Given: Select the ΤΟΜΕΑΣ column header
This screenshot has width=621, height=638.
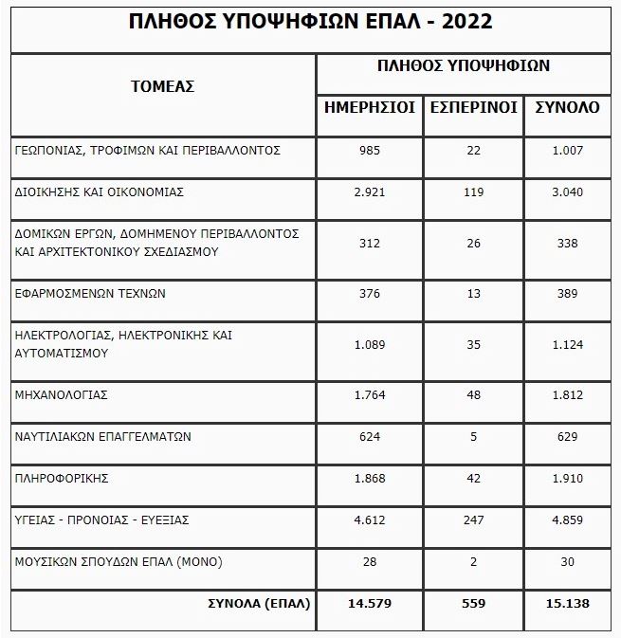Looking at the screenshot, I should click(x=162, y=86).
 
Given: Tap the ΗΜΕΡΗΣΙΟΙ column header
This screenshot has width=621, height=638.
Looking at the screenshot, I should click(x=370, y=107).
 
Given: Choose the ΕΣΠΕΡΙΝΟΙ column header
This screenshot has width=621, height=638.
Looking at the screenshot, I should click(x=474, y=107).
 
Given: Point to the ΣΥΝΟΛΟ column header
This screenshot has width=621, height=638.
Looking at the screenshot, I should click(x=567, y=107).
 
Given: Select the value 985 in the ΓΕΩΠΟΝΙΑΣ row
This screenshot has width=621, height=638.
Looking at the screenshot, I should click(x=370, y=150).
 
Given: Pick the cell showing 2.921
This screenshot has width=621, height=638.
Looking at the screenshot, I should click(x=370, y=191).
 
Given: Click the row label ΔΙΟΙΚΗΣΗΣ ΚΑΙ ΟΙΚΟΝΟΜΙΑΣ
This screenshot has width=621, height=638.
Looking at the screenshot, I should click(x=100, y=191).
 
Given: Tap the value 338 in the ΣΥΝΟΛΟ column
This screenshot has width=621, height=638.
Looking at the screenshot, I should click(x=567, y=243).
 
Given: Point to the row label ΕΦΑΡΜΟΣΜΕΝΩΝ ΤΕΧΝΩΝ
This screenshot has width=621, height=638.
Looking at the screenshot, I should click(x=91, y=294).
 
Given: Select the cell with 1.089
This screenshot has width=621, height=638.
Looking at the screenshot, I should click(x=370, y=344).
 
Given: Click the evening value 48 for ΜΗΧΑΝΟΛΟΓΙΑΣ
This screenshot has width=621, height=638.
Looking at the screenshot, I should click(x=474, y=395).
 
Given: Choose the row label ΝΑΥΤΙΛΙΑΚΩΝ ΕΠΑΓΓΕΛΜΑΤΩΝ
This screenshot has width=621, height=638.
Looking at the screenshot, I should click(x=104, y=437).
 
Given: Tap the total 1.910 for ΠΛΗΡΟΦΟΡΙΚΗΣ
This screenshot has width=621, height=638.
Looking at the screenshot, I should click(x=567, y=479).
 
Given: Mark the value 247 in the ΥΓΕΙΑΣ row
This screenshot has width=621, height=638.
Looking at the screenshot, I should click(x=474, y=520).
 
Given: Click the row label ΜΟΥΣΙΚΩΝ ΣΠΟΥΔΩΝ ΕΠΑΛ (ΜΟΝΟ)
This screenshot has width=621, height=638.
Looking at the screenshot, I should click(x=119, y=561).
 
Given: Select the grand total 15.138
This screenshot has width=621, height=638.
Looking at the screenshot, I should click(x=567, y=603).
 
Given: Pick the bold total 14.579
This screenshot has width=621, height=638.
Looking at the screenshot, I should click(x=370, y=603).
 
